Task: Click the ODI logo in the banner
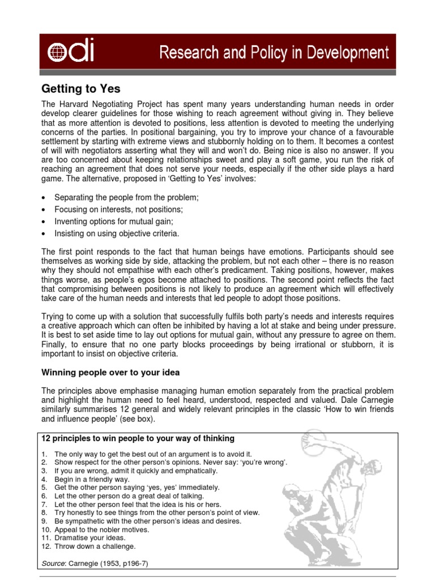tap(71, 53)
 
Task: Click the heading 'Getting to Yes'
tap(81, 89)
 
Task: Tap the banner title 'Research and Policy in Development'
tap(274, 54)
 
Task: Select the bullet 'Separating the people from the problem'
tap(126, 198)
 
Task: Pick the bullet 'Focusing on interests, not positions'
tap(118, 210)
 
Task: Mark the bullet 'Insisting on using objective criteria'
tap(117, 233)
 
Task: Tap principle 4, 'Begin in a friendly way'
tap(92, 479)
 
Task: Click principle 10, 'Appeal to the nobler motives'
tap(102, 530)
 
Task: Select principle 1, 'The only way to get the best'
tap(153, 454)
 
